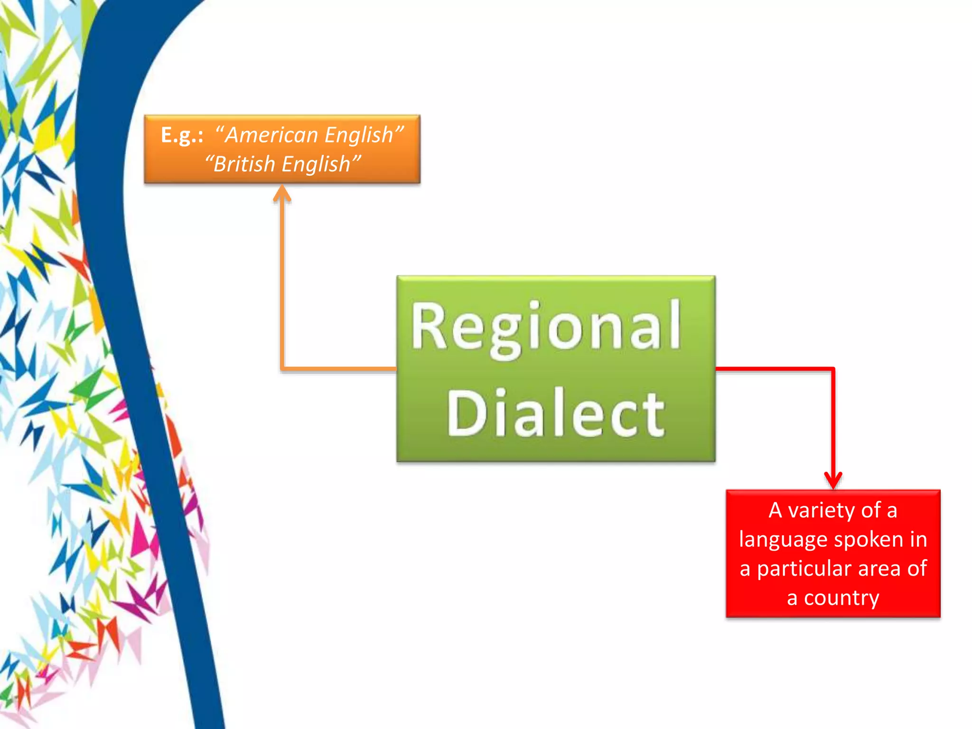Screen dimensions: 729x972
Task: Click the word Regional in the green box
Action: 546,327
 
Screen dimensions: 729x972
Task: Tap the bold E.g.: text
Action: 182,135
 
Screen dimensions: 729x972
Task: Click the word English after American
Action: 360,135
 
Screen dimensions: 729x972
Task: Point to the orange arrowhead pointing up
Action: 282,194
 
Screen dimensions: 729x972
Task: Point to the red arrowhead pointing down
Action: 833,480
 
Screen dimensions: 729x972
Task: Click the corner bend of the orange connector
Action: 282,368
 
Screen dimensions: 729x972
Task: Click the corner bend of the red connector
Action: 833,368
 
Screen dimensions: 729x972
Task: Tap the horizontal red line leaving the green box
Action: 774,368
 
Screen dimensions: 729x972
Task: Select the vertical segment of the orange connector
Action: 282,285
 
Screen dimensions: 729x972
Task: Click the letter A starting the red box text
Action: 775,511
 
